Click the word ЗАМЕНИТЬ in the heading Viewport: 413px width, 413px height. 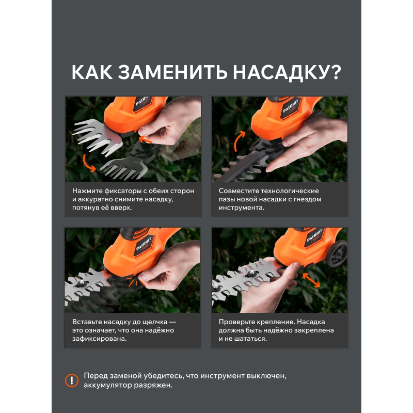(x=172, y=72)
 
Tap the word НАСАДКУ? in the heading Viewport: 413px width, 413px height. (x=287, y=72)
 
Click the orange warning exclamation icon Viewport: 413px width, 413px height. (x=72, y=380)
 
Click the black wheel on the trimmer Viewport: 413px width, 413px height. (x=337, y=253)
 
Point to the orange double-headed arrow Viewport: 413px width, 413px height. (x=311, y=280)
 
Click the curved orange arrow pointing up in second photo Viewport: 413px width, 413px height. (x=238, y=140)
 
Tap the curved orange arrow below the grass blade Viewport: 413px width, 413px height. (x=88, y=164)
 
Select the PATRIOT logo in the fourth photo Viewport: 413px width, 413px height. (x=315, y=235)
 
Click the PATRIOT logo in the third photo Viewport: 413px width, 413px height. (x=144, y=244)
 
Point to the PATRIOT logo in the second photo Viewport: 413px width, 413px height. (x=291, y=106)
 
